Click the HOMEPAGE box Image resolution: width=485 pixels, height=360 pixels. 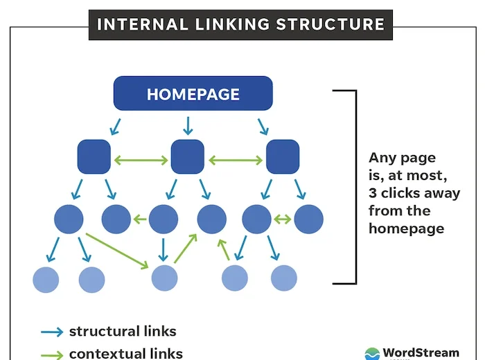(193, 94)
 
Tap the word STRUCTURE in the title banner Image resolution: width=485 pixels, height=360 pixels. (330, 25)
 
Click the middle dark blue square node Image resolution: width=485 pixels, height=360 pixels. (187, 156)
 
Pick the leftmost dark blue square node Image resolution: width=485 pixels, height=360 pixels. (94, 156)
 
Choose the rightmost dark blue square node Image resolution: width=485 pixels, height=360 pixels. (283, 156)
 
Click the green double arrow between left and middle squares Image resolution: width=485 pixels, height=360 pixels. (141, 160)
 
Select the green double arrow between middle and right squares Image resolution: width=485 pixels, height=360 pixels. (235, 160)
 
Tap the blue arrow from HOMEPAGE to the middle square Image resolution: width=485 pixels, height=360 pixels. (187, 125)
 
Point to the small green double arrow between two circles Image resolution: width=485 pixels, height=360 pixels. (282, 219)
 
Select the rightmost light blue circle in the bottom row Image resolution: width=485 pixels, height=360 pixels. (283, 278)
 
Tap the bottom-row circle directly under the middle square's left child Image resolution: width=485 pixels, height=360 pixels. (164, 278)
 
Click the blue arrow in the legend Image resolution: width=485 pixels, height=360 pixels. (51, 332)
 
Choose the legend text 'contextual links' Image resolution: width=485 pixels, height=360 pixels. (125, 353)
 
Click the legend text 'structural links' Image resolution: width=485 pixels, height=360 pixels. (123, 331)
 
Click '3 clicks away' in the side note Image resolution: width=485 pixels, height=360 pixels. (414, 192)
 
